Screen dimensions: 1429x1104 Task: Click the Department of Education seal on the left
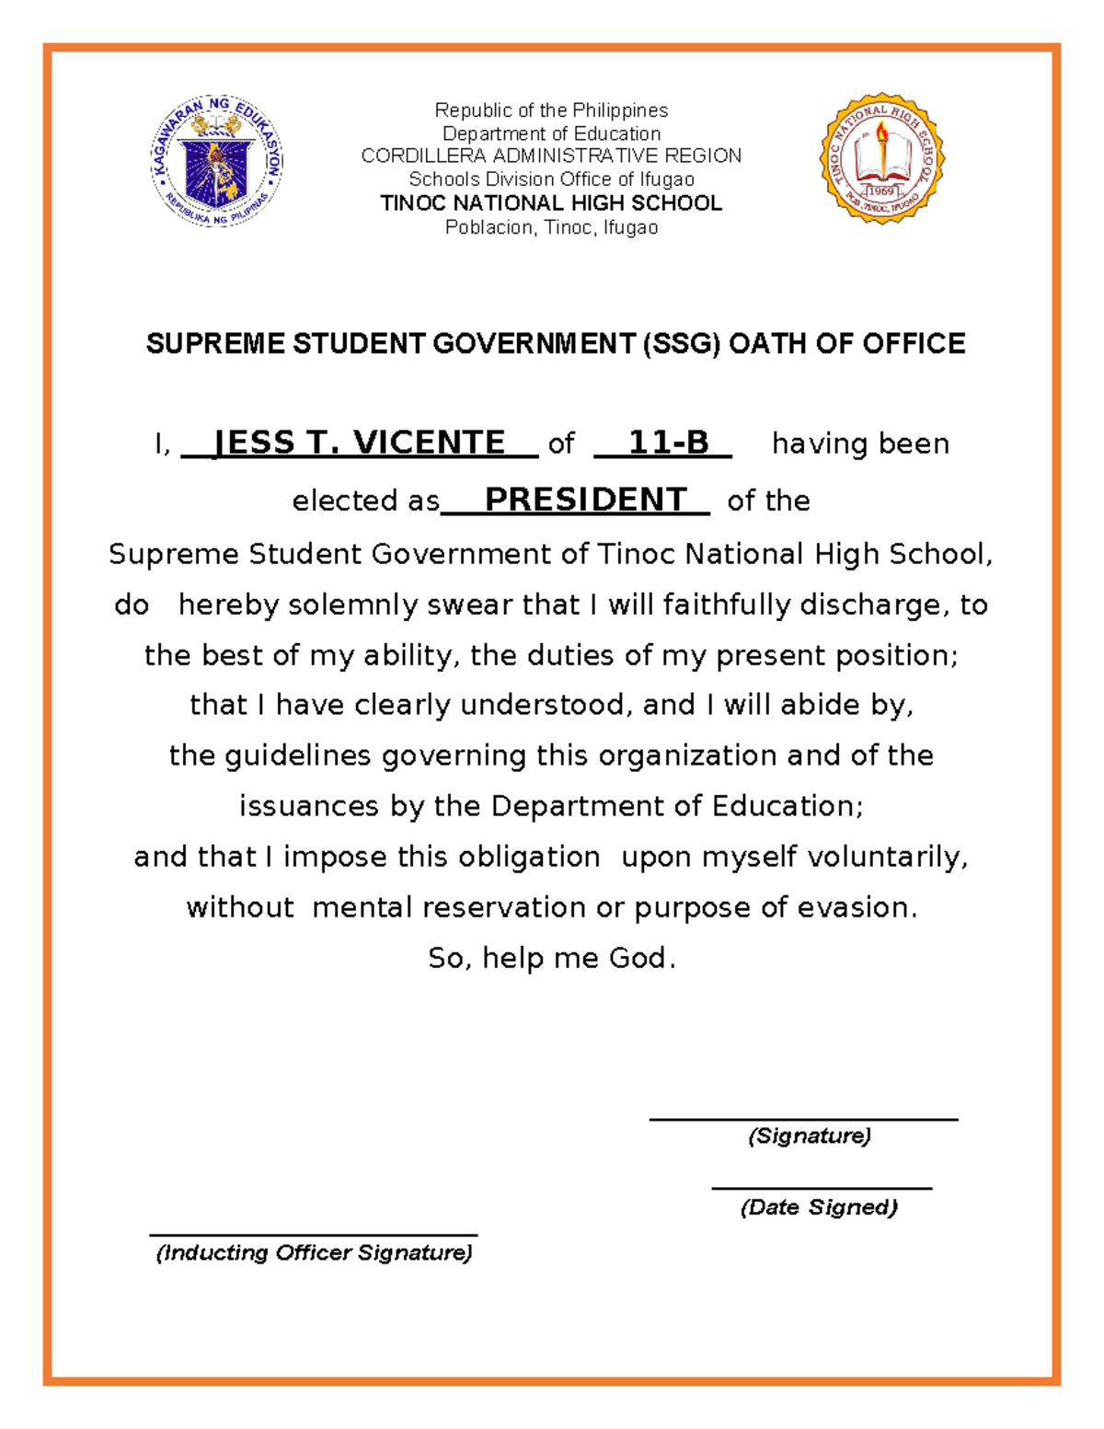click(216, 161)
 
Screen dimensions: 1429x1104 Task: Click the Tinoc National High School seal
click(881, 157)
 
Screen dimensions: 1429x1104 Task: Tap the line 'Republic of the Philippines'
click(551, 110)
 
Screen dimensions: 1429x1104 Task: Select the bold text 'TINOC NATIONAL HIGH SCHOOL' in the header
click(551, 203)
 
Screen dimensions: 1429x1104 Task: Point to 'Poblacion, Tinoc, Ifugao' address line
click(551, 227)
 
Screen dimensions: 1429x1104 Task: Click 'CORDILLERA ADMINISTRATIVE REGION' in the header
click(551, 156)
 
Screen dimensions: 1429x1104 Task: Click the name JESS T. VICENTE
click(359, 443)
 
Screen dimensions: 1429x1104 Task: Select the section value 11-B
click(668, 443)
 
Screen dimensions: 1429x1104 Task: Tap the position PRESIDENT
click(585, 500)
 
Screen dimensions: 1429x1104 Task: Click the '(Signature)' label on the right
click(809, 1135)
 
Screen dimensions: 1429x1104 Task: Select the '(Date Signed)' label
click(818, 1207)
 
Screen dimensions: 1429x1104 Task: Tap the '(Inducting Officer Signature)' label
click(314, 1252)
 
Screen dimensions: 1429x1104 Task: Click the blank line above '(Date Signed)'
click(821, 1188)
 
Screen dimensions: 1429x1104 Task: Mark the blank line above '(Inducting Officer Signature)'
click(313, 1235)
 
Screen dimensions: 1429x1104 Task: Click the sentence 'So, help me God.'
click(551, 958)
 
